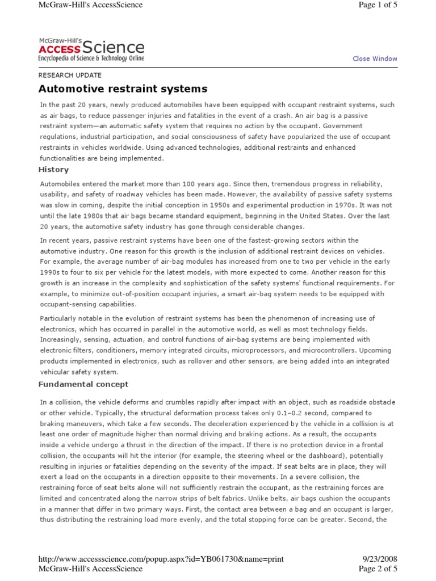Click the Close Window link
point(375,58)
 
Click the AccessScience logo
point(91,49)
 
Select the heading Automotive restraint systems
point(123,89)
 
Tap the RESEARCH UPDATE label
point(70,75)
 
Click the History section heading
point(53,169)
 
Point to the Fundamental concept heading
point(83,384)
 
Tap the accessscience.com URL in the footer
point(161,559)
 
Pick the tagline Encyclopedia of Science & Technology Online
point(91,58)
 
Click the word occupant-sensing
point(68,304)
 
